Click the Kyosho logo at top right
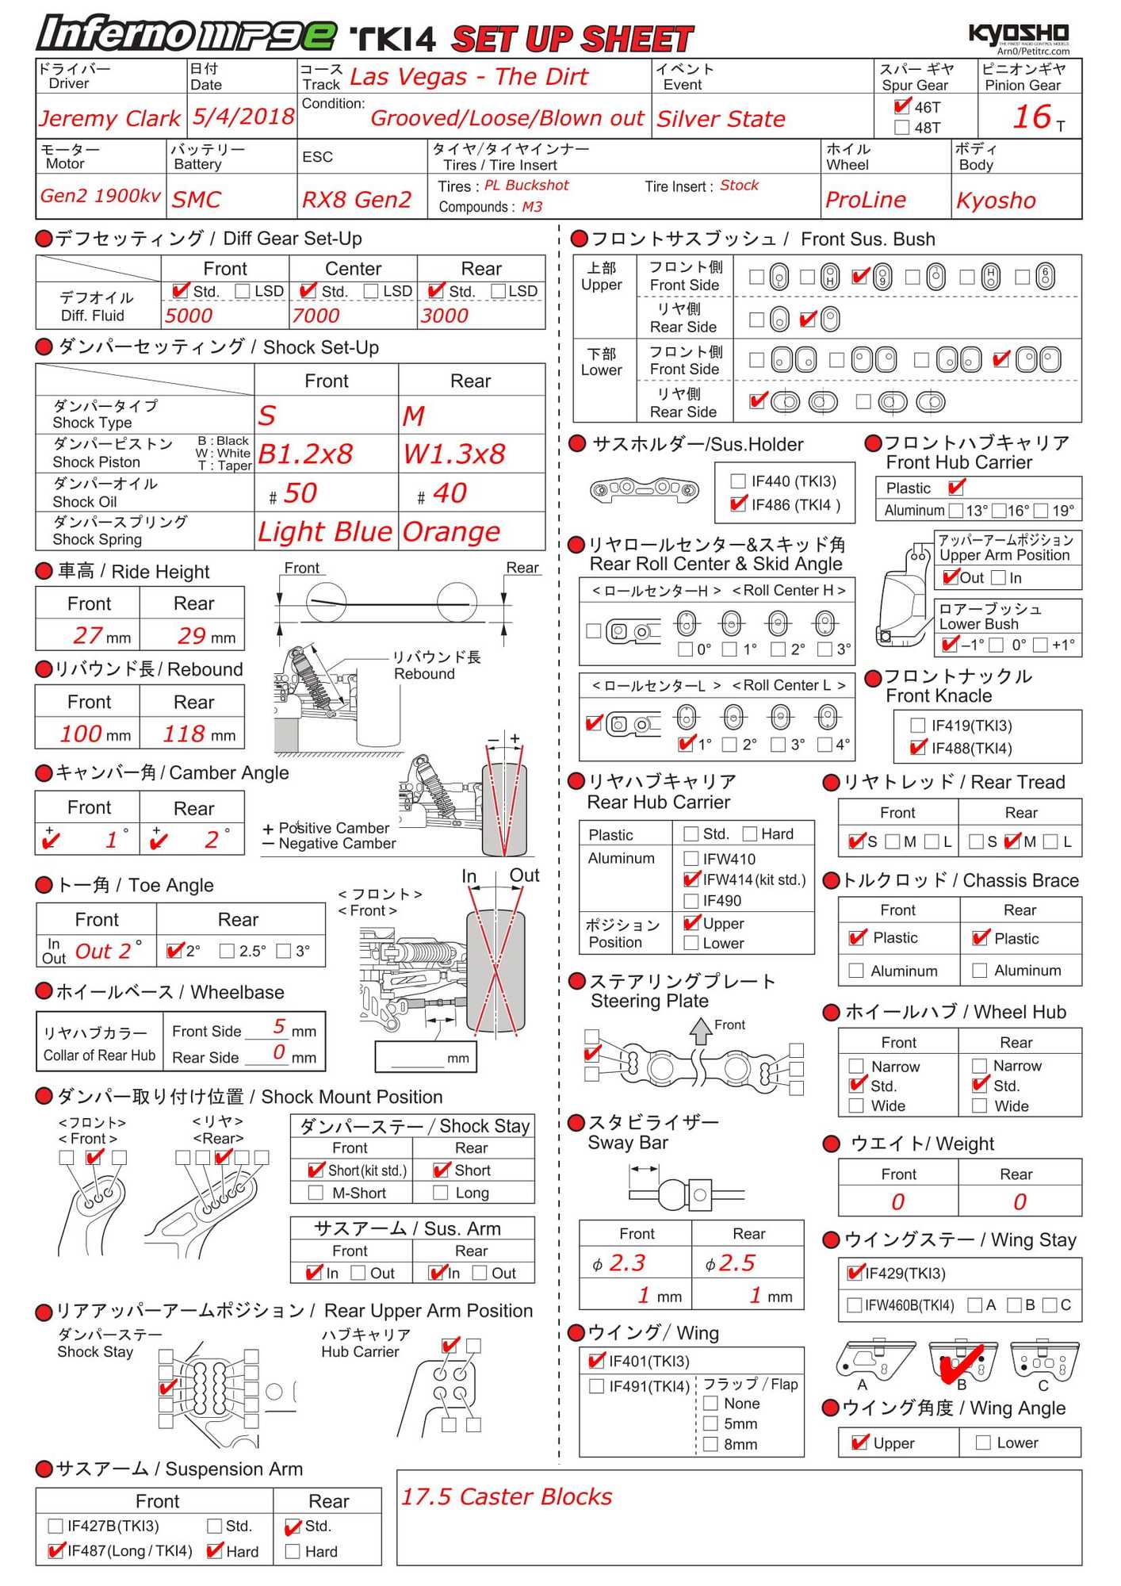[x=1018, y=33]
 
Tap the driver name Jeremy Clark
[x=110, y=118]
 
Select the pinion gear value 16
[x=1031, y=117]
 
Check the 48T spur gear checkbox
[x=901, y=128]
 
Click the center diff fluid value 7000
[x=316, y=316]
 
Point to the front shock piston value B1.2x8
[x=305, y=454]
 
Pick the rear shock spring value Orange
[x=451, y=531]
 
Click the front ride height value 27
[x=87, y=635]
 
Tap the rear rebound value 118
[x=184, y=734]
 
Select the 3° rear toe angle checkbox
[x=284, y=951]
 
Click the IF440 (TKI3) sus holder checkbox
[x=738, y=481]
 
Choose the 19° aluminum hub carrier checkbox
[x=1040, y=511]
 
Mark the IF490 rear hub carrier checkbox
[x=691, y=901]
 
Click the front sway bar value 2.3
[x=626, y=1262]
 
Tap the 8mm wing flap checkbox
[x=711, y=1444]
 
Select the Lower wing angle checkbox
[x=983, y=1442]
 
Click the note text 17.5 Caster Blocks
[x=507, y=1496]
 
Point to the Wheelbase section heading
[x=170, y=992]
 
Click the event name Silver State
[x=721, y=119]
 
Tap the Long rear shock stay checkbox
[x=441, y=1193]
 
